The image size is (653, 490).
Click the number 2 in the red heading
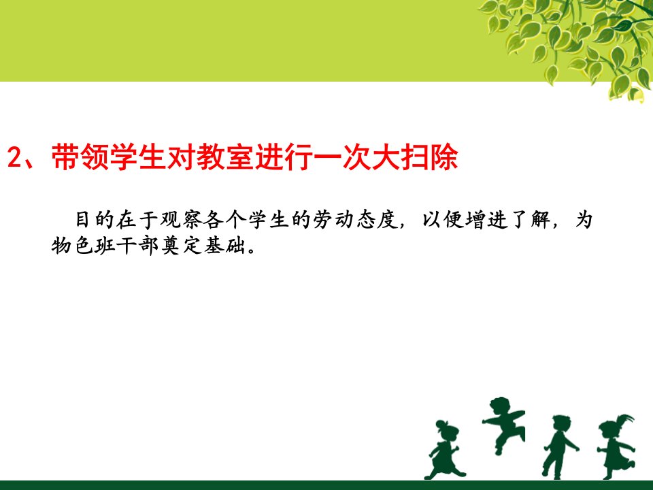click(14, 157)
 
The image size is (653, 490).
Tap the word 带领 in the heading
click(80, 157)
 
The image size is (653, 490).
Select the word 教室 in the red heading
click(225, 157)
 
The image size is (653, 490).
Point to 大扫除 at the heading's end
click(415, 157)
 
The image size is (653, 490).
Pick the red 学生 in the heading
click(138, 157)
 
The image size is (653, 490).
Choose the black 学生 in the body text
click(269, 220)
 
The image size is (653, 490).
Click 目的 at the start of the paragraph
click(94, 220)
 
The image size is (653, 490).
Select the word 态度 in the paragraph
click(378, 220)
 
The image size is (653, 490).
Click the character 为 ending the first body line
click(584, 220)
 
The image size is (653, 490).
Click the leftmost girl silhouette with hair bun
click(443, 449)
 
